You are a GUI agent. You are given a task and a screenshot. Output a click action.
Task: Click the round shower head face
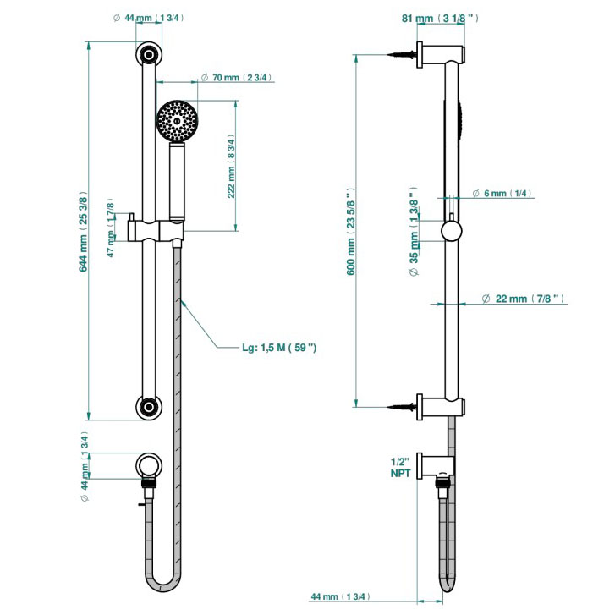[176, 121]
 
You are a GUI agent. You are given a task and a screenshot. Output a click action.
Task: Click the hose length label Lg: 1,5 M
[278, 347]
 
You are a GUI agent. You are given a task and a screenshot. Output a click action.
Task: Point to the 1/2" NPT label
[400, 467]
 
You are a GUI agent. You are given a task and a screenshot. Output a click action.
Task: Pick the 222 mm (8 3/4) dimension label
[232, 167]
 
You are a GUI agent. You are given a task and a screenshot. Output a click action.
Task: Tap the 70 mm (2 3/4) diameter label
[240, 78]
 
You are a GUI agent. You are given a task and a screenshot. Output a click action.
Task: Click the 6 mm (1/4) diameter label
[508, 194]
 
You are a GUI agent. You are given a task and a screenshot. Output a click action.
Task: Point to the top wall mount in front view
[149, 56]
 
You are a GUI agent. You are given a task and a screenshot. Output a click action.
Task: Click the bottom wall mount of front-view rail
[149, 406]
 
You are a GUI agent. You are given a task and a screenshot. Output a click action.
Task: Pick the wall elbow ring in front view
[149, 464]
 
